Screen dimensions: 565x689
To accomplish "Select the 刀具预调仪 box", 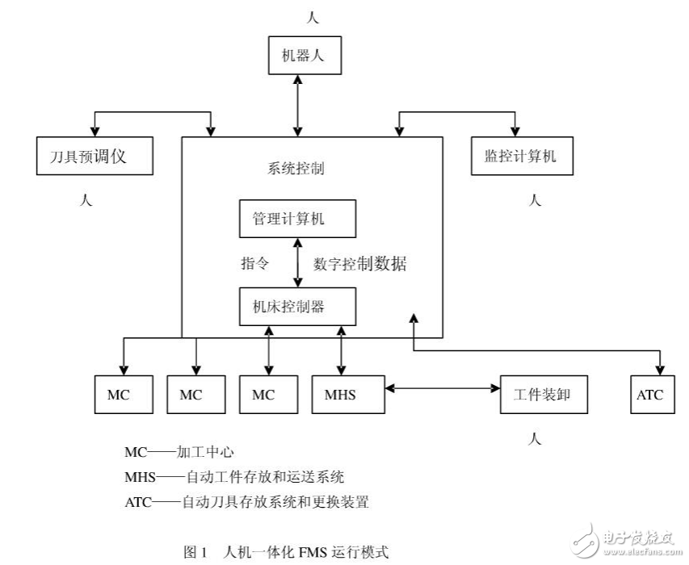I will (95, 157).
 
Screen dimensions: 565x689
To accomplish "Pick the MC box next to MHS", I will (263, 395).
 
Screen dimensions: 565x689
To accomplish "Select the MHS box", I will (340, 395).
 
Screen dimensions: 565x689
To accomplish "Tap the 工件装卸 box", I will (543, 395).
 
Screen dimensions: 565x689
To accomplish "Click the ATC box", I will (649, 395).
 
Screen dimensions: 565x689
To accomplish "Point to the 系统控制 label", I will (296, 169).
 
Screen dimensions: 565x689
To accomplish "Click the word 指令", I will (254, 263).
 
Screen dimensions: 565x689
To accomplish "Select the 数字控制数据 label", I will (360, 263).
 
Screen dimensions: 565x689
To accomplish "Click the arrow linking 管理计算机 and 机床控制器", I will (299, 262).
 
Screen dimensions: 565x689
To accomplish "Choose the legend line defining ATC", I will (246, 501).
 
